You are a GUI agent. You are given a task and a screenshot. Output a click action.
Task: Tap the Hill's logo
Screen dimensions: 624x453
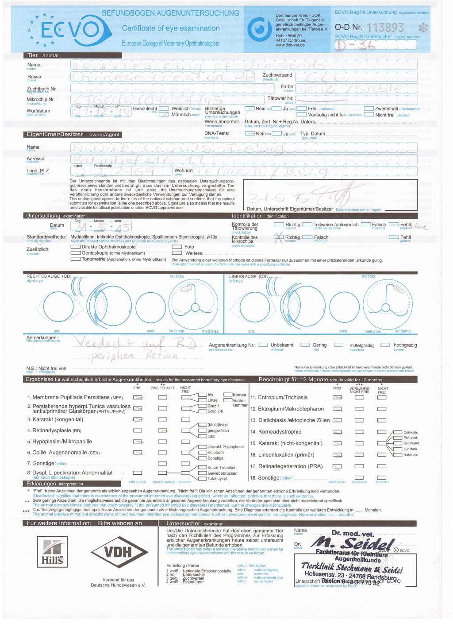(53, 552)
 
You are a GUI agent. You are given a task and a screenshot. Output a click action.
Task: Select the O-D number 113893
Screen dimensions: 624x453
(385, 28)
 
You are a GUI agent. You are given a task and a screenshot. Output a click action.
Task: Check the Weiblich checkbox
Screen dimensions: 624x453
(164, 109)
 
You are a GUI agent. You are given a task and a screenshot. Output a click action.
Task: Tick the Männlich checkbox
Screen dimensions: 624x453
(164, 114)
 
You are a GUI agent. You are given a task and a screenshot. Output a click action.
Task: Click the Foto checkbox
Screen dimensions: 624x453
(177, 247)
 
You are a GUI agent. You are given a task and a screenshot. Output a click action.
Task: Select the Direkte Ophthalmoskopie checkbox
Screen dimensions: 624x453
(76, 247)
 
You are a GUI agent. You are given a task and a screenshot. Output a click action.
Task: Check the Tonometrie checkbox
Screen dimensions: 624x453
(76, 259)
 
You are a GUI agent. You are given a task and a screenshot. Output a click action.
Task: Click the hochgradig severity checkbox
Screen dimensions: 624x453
(385, 345)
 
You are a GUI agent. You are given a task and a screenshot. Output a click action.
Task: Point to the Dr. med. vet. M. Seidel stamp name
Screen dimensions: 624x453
(354, 542)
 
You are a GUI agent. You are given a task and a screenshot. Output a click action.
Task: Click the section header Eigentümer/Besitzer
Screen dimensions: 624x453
(54, 134)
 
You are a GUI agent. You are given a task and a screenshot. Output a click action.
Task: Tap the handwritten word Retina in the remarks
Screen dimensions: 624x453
(161, 356)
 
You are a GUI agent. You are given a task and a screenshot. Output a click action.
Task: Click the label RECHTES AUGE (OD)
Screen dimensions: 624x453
(49, 276)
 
